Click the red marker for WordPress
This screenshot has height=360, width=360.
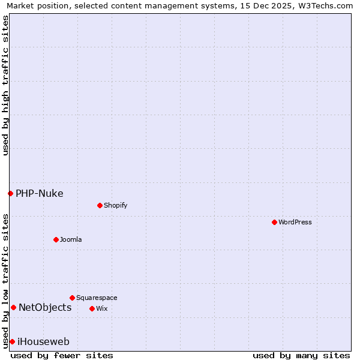274,222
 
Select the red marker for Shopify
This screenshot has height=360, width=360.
100,205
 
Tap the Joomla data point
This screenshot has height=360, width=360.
56,239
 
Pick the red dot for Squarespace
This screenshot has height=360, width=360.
72,298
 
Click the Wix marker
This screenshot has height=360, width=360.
92,308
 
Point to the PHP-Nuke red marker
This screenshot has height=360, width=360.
10,193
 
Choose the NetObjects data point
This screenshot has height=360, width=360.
13,307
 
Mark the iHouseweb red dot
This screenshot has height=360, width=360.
12,341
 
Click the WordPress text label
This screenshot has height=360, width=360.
295,222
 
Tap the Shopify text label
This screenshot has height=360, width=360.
116,205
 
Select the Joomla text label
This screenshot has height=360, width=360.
71,239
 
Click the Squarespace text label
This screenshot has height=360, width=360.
97,298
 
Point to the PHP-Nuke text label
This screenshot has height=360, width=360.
40,193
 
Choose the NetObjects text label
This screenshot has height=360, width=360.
45,307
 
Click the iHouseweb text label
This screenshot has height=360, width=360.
43,341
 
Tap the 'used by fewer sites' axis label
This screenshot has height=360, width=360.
62,355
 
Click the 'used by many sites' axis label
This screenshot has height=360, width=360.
301,355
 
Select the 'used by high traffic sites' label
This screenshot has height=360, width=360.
5,85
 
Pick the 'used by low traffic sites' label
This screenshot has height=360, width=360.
5,281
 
